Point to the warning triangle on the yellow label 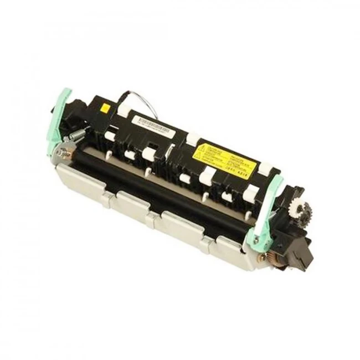[x=201, y=148]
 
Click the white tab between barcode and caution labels [x=193, y=139]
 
